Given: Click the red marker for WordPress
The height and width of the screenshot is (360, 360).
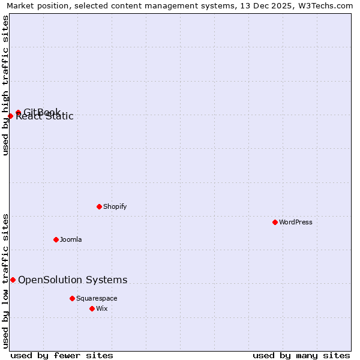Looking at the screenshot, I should click(275, 222).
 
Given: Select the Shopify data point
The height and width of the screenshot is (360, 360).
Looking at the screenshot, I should click(99, 206).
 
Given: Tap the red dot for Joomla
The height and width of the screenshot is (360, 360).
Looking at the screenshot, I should click(56, 239).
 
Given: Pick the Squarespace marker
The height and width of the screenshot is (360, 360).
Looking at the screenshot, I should click(72, 298).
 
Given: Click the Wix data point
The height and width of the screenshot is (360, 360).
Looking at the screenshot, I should click(92, 308).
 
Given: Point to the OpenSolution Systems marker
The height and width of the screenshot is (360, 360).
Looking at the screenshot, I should click(13, 280).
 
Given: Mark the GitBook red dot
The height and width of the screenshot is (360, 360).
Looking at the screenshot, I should click(18, 112).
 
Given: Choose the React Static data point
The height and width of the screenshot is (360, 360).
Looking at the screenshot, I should click(10, 116).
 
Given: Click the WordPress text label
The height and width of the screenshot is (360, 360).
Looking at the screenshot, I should click(296, 222).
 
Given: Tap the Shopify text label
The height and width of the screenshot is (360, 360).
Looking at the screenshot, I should click(115, 206).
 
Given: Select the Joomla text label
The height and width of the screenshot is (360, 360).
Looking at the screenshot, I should click(71, 239).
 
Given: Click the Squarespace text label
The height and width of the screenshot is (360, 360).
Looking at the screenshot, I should click(97, 298).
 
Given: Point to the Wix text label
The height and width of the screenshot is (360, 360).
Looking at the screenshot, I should click(102, 308).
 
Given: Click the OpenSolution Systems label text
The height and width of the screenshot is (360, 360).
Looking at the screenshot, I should click(73, 280).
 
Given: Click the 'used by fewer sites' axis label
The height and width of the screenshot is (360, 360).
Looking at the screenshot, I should click(62, 355).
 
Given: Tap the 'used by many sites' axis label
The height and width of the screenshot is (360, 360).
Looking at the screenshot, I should click(301, 355).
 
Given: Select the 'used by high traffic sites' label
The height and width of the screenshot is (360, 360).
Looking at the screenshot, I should click(5, 85).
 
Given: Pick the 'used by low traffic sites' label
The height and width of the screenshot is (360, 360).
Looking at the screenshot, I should click(5, 280).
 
